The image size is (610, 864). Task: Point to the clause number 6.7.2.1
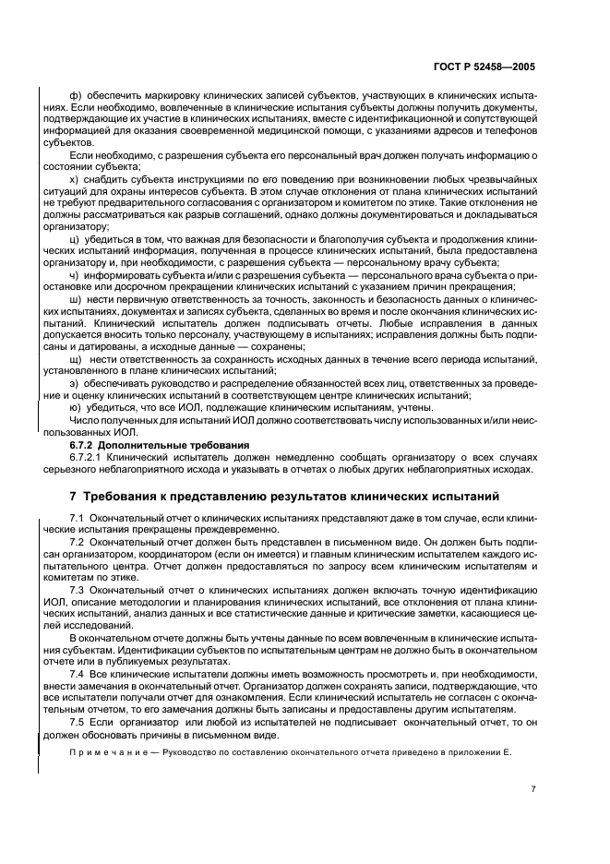click(x=86, y=457)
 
